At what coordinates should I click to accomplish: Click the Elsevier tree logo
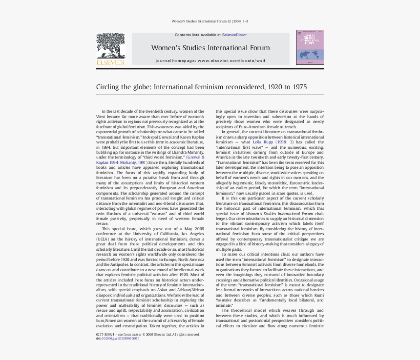pos(110,46)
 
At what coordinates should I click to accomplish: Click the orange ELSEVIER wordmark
pos(110,62)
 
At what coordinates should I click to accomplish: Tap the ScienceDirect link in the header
pos(234,35)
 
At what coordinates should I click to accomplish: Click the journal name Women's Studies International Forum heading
pos(210,48)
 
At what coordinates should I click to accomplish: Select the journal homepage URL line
pos(210,60)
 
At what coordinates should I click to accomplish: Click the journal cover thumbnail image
pos(310,47)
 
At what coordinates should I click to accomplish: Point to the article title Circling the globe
pos(201,87)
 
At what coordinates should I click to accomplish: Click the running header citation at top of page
pos(210,21)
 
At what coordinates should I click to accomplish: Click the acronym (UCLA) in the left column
pos(103,240)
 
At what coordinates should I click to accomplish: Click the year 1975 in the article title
pos(297,87)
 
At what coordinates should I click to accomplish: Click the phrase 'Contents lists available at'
pos(197,35)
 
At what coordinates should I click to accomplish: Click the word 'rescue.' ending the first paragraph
pos(102,223)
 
